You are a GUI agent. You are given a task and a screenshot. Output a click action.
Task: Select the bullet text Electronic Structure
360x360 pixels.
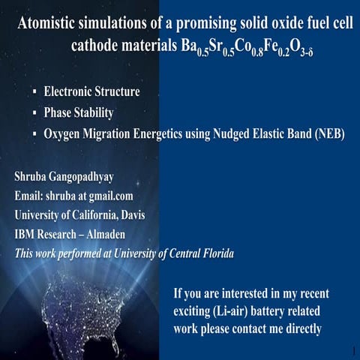pyautogui.click(x=91, y=93)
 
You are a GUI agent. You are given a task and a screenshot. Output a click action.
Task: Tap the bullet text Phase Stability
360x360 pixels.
pyautogui.click(x=78, y=113)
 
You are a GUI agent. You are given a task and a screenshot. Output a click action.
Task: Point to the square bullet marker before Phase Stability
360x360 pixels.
pyautogui.click(x=34, y=114)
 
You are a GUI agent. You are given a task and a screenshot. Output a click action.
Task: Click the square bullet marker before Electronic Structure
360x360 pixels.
pyautogui.click(x=34, y=94)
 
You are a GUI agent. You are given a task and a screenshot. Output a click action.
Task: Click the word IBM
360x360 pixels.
pyautogui.click(x=27, y=235)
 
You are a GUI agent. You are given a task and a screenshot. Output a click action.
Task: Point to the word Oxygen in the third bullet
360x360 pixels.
pyautogui.click(x=66, y=134)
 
